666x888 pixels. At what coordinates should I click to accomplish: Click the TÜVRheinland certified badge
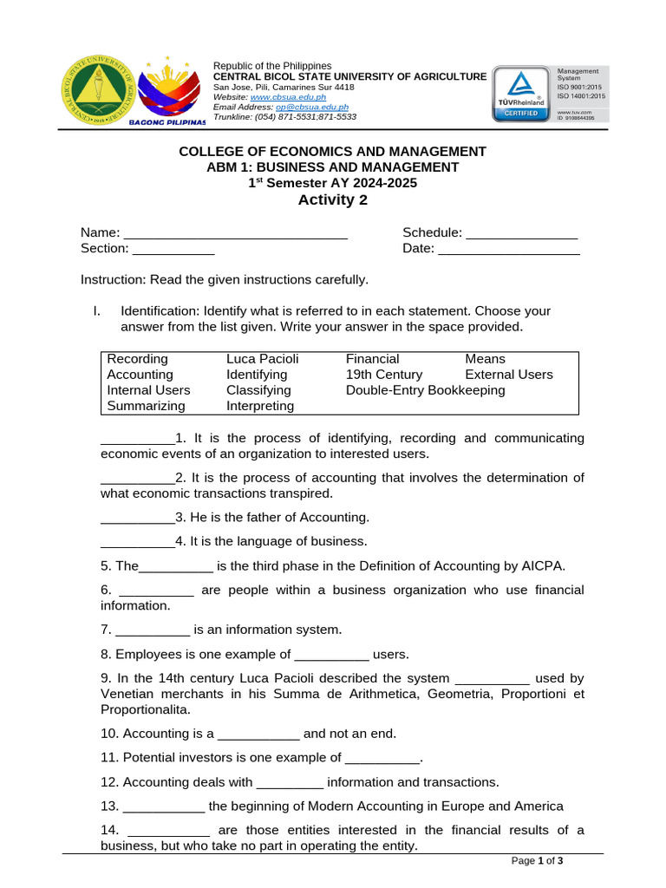(524, 94)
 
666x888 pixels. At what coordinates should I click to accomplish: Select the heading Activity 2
(332, 200)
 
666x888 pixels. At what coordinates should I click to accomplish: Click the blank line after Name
(235, 233)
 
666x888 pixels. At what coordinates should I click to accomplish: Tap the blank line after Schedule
(521, 233)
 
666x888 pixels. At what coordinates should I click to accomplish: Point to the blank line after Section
(173, 249)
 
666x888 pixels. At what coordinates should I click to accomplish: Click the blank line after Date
(509, 249)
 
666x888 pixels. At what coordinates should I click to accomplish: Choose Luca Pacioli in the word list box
(262, 359)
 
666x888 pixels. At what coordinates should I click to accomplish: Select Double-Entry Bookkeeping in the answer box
(425, 390)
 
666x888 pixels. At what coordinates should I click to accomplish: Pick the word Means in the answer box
(485, 359)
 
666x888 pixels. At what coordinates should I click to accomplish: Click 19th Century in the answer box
(384, 375)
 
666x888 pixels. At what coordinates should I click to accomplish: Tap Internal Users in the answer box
(148, 390)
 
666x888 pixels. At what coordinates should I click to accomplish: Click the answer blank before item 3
(137, 518)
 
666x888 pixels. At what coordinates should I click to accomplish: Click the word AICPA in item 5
(544, 566)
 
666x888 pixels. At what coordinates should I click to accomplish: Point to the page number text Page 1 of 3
(538, 861)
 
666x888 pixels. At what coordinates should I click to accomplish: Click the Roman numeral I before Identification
(96, 310)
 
